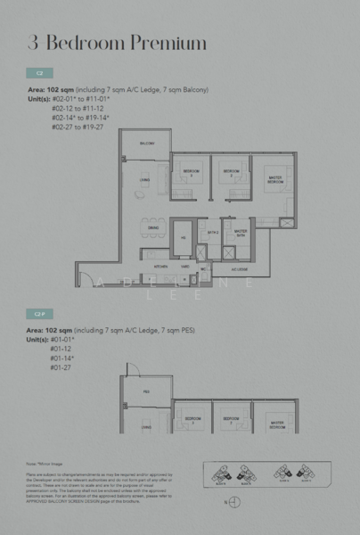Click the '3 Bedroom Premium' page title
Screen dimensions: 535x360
(117, 43)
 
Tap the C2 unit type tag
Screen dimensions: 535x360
(39, 72)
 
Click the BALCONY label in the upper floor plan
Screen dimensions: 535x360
(146, 144)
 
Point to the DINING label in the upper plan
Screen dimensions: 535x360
(145, 226)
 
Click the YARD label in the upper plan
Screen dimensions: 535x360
(184, 267)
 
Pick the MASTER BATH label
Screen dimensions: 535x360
(240, 232)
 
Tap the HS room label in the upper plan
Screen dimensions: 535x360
(183, 237)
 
